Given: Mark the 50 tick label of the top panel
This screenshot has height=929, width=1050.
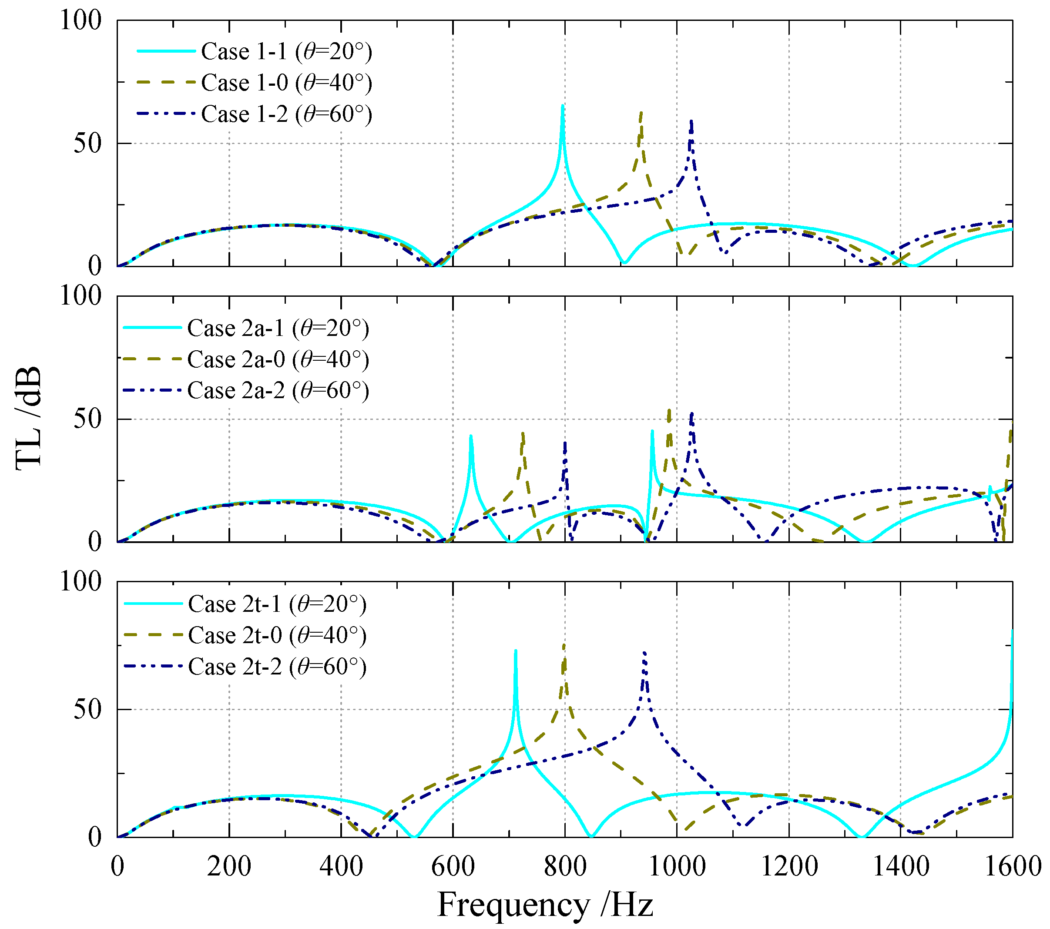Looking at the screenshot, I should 87,143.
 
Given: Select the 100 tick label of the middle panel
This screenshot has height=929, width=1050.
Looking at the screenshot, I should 81,296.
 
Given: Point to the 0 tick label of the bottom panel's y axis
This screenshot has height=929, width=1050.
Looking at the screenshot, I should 94,838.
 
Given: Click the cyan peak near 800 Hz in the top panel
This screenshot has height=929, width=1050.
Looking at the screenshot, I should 563,107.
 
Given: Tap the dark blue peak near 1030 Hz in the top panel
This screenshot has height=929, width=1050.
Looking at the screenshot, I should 691,122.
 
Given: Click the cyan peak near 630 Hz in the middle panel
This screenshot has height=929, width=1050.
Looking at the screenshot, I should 470,436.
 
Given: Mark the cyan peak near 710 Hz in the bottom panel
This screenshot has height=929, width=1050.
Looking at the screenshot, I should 515,651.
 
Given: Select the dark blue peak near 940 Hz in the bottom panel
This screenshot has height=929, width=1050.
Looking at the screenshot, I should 644,653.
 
